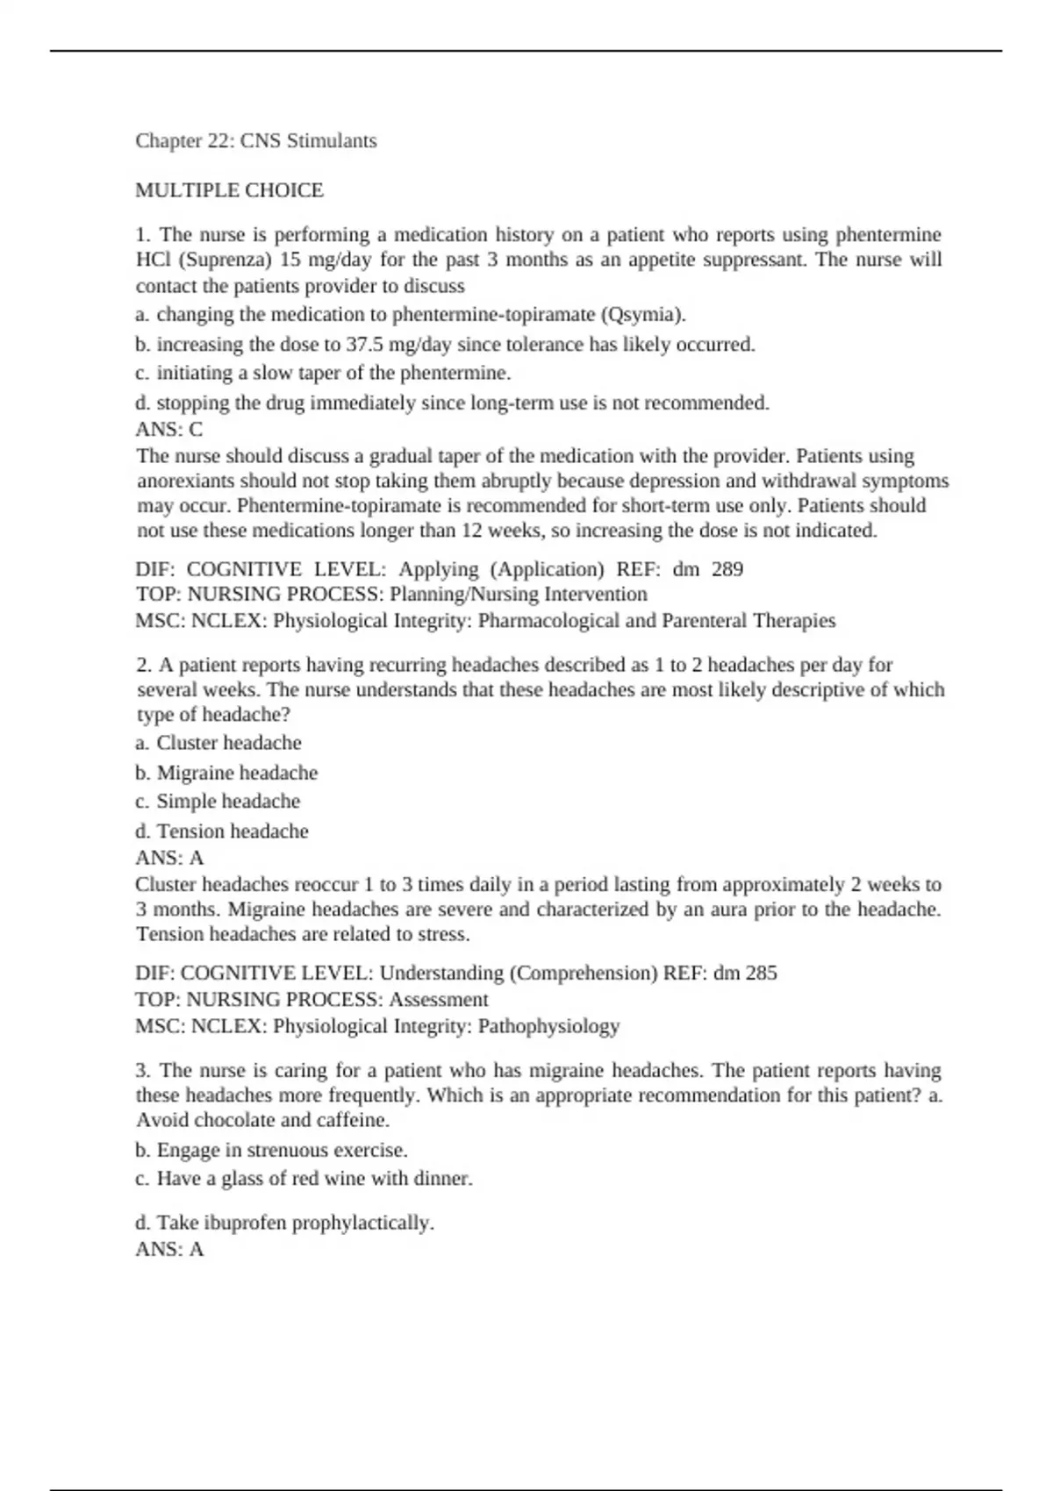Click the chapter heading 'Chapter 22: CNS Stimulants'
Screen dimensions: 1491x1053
pyautogui.click(x=255, y=141)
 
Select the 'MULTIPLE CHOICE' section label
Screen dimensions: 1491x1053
pyautogui.click(x=229, y=190)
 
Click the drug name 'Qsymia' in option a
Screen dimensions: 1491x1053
pyautogui.click(x=649, y=315)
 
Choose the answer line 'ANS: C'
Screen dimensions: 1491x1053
pyautogui.click(x=168, y=430)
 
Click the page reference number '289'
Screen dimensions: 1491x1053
pyautogui.click(x=727, y=570)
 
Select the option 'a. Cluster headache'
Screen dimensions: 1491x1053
pyautogui.click(x=218, y=744)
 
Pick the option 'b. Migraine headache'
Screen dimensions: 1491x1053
pyautogui.click(x=226, y=774)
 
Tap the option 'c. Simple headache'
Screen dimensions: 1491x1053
pyautogui.click(x=218, y=802)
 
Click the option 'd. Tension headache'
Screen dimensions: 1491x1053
pyautogui.click(x=222, y=831)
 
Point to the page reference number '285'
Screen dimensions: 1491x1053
pyautogui.click(x=761, y=974)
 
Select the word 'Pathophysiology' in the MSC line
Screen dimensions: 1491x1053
pyautogui.click(x=548, y=1026)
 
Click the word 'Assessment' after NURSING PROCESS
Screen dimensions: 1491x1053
pyautogui.click(x=438, y=1000)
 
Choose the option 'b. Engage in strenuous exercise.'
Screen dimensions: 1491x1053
pyautogui.click(x=271, y=1151)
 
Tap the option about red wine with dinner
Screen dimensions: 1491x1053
pyautogui.click(x=304, y=1179)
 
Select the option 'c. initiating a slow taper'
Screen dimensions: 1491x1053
pyautogui.click(x=323, y=374)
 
